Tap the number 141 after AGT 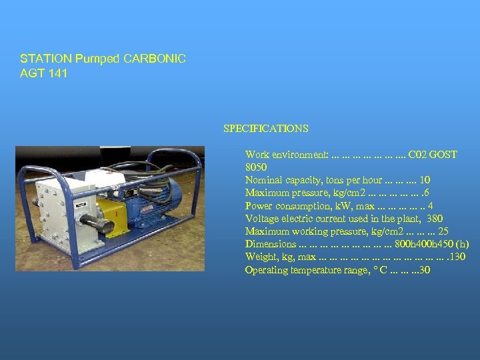tap(58, 73)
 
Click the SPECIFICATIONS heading tap(266, 128)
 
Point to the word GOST tap(443, 155)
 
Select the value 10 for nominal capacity tap(425, 180)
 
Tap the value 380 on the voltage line tap(434, 219)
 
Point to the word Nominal tap(263, 180)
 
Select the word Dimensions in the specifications tap(271, 244)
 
